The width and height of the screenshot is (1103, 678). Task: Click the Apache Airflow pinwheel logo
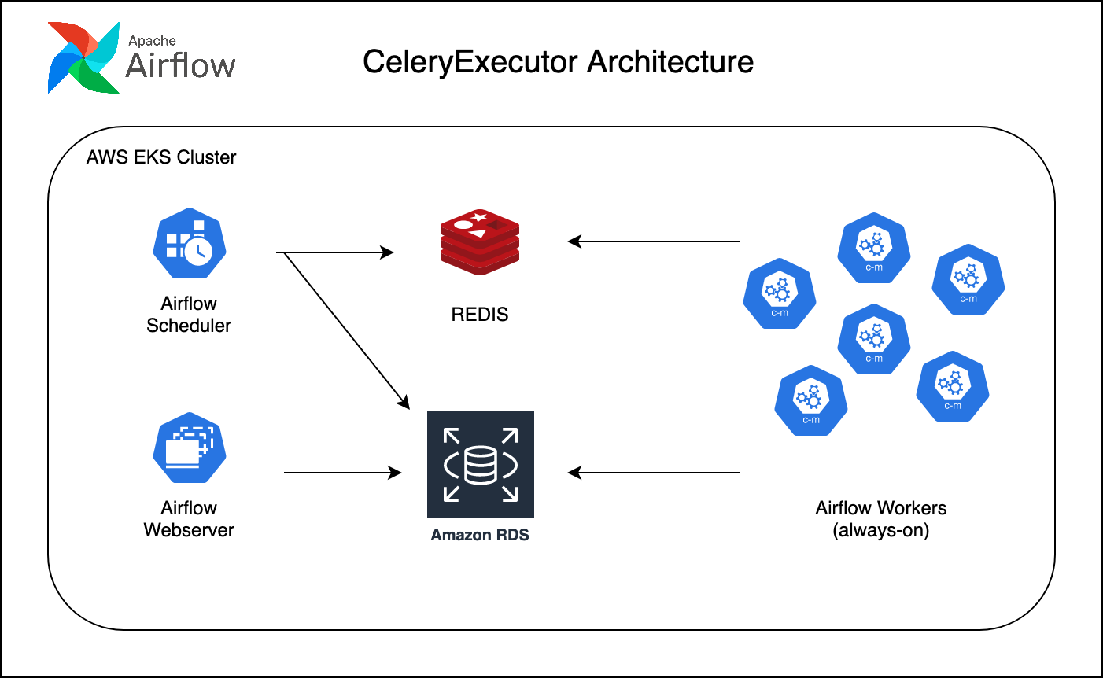[83, 58]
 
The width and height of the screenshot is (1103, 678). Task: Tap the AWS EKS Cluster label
[161, 157]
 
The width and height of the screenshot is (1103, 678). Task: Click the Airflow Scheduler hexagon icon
[189, 243]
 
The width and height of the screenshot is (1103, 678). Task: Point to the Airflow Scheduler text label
[189, 315]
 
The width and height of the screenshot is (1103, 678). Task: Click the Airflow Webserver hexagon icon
[189, 448]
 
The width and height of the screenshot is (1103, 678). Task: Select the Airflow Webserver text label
[189, 519]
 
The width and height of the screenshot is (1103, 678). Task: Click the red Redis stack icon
[480, 241]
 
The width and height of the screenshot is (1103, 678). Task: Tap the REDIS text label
[480, 315]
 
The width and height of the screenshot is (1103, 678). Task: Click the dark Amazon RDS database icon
[480, 465]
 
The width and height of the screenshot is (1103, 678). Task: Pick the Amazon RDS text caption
[480, 535]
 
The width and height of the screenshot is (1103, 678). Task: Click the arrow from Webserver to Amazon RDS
[342, 473]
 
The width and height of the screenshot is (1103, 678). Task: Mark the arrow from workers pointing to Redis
[653, 241]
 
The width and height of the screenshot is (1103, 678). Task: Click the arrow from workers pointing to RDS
[653, 473]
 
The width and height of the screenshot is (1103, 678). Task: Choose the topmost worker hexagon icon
[873, 249]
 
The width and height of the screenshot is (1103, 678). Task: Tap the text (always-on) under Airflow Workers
[881, 530]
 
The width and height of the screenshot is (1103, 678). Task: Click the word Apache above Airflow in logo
[152, 41]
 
